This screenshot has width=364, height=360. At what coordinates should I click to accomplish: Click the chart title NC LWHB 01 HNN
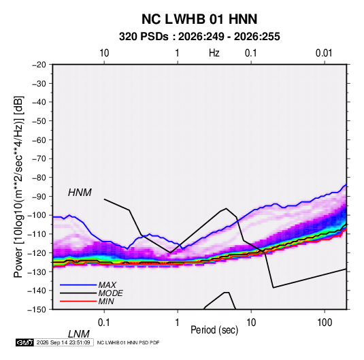pyautogui.click(x=199, y=19)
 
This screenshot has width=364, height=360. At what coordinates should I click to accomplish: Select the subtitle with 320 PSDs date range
pyautogui.click(x=199, y=37)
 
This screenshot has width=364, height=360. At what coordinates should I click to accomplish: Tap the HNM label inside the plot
pyautogui.click(x=80, y=193)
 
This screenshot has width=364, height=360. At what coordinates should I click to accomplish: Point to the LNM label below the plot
pyautogui.click(x=78, y=334)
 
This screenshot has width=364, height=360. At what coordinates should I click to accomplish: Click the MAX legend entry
pyautogui.click(x=107, y=284)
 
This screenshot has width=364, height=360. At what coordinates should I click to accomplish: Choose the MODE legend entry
pyautogui.click(x=110, y=293)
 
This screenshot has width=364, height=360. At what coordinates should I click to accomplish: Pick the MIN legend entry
pyautogui.click(x=106, y=301)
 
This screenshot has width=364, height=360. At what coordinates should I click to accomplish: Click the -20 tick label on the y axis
pyautogui.click(x=39, y=65)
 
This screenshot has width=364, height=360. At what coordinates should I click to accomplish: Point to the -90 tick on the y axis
pyautogui.click(x=39, y=197)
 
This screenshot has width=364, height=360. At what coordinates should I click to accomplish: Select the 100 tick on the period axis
pyautogui.click(x=325, y=323)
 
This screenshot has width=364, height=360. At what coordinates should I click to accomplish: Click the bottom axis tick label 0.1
pyautogui.click(x=104, y=323)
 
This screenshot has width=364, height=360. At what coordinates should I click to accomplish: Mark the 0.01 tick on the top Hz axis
pyautogui.click(x=324, y=53)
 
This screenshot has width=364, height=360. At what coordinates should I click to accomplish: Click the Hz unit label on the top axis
pyautogui.click(x=214, y=53)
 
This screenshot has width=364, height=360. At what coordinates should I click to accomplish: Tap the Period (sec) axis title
pyautogui.click(x=214, y=330)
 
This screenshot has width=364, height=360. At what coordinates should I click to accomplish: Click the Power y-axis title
pyautogui.click(x=18, y=186)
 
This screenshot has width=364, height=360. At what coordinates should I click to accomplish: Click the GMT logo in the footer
pyautogui.click(x=24, y=342)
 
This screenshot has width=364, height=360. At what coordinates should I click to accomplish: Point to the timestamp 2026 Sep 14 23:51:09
pyautogui.click(x=63, y=342)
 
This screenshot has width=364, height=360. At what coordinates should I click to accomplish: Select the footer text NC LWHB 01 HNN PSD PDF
pyautogui.click(x=128, y=342)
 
